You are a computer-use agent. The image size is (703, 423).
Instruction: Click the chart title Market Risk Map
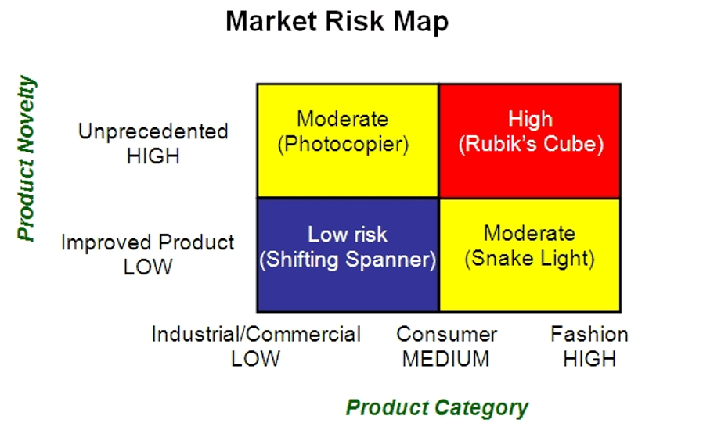point(337,21)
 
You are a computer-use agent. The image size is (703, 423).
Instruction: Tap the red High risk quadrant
point(530,168)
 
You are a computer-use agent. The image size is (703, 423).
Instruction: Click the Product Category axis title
point(437,407)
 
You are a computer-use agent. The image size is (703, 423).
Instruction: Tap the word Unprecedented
point(153,131)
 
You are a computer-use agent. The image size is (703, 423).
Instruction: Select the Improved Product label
point(147,242)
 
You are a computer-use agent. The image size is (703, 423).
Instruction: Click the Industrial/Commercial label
point(256,334)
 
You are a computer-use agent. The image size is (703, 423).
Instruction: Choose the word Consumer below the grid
point(446,334)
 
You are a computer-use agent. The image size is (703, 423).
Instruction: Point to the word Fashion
point(589,334)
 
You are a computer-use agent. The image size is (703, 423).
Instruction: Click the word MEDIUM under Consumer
point(446,359)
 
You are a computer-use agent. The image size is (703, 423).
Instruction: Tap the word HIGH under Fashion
point(589,359)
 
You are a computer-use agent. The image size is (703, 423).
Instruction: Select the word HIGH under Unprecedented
point(153,156)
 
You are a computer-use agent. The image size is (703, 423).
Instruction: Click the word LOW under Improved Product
point(147,267)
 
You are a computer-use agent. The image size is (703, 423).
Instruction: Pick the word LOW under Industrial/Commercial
point(255,359)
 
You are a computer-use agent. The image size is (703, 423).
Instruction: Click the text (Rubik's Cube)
point(530,145)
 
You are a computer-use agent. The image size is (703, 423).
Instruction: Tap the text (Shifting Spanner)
point(348,260)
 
